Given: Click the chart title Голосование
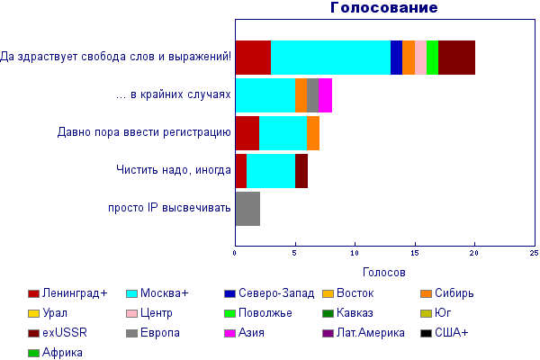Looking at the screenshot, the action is pos(383,7).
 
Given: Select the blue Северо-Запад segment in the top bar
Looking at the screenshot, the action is pos(396,58).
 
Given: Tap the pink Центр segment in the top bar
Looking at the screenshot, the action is pos(420,58).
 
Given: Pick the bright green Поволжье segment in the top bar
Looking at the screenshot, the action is pos(433,58).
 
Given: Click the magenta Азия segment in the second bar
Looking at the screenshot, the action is pos(325,95).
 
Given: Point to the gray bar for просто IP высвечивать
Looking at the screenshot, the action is pos(248,209).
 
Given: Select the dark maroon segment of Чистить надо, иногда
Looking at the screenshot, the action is pos(301,171).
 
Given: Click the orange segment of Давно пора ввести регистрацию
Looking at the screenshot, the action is pos(313,133).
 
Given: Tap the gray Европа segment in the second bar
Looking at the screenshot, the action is pos(312,95).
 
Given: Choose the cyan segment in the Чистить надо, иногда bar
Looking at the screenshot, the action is pos(271,171).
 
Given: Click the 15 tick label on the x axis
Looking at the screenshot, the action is pos(414,253).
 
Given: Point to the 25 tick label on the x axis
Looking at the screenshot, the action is pos(534,253).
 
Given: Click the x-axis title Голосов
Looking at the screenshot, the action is pos(384,272).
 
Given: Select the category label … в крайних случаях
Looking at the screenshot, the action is pos(173,94).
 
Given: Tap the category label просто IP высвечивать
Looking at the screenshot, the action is pos(169,208).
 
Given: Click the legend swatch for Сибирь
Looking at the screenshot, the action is pos(426,294).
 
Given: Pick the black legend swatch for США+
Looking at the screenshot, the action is pos(426,334).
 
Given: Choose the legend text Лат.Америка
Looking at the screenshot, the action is pos(371,333).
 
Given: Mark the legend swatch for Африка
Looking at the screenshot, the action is pos(33,353).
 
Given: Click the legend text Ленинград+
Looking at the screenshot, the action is pos(75,293).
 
